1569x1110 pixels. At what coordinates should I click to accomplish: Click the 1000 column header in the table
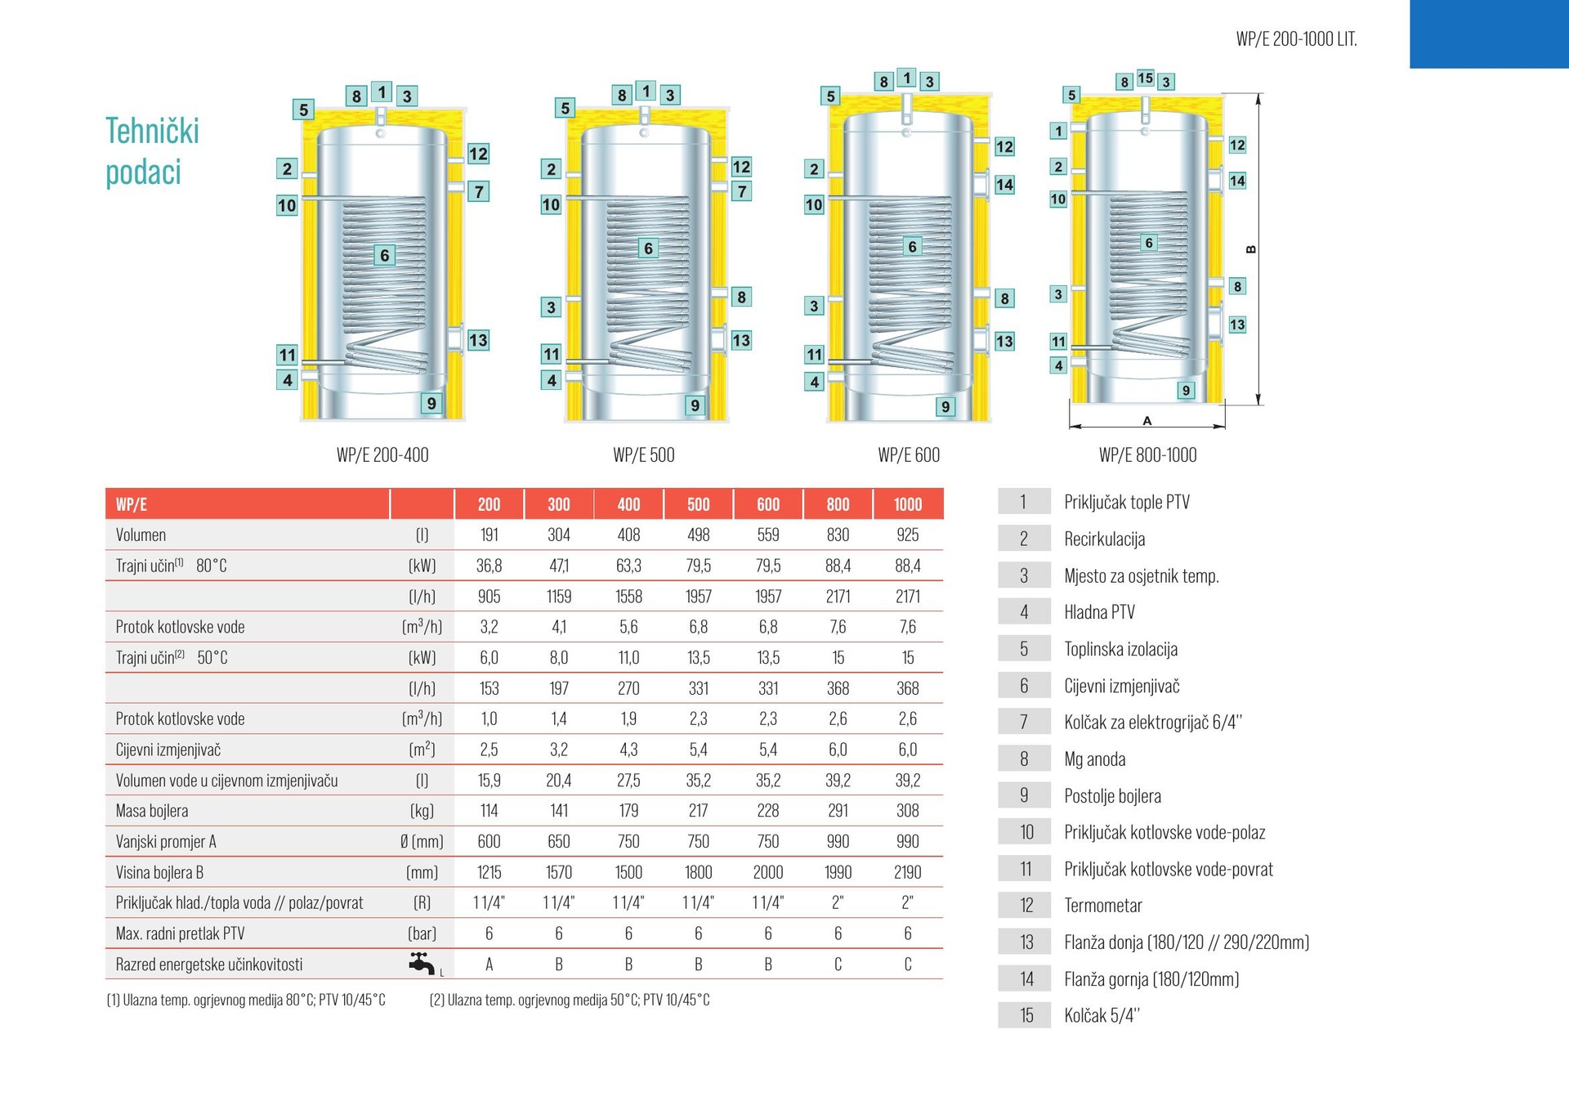[x=907, y=504]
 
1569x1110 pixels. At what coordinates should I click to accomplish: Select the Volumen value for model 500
[x=699, y=535]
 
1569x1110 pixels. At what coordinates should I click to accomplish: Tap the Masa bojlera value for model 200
[x=489, y=811]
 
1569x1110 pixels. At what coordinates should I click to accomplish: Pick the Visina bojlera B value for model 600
[x=768, y=872]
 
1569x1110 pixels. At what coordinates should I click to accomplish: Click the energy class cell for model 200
[x=489, y=965]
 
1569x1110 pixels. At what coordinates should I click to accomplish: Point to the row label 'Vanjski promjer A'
[x=166, y=842]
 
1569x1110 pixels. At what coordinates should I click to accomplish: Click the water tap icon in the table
[x=422, y=964]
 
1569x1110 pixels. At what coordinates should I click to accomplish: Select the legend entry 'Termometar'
[x=1102, y=906]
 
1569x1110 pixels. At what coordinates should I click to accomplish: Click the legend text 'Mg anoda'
[x=1094, y=759]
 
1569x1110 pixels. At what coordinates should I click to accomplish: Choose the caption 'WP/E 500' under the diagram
[x=644, y=455]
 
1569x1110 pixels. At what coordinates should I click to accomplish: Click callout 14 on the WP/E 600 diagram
[x=1004, y=185]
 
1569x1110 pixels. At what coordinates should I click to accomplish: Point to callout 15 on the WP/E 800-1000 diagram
[x=1146, y=78]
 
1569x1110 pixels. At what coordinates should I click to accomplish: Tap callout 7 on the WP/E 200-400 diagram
[x=479, y=191]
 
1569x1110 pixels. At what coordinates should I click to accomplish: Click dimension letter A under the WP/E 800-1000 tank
[x=1147, y=421]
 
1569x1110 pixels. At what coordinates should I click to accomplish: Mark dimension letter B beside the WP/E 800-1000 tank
[x=1250, y=250]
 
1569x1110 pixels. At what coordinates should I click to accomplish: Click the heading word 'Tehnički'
[x=152, y=131]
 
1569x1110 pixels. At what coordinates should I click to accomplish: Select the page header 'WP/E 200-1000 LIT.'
[x=1296, y=39]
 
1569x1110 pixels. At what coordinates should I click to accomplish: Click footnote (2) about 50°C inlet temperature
[x=570, y=1000]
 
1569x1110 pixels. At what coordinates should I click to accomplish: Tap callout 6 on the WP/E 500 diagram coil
[x=648, y=248]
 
